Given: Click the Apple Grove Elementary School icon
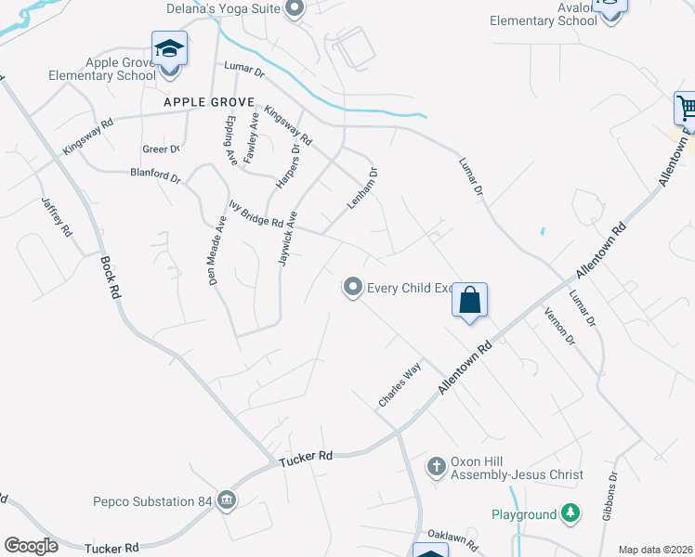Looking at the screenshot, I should click(169, 47).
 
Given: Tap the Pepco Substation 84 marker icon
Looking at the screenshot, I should click(227, 501).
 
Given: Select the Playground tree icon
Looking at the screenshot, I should click(570, 513).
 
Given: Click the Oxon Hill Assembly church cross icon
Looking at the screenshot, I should click(437, 466).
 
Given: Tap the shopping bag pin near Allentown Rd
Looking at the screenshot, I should click(470, 301).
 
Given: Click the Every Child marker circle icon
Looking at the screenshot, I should click(353, 288).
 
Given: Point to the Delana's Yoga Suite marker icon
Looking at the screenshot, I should click(295, 9).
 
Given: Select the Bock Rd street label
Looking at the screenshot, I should click(108, 278).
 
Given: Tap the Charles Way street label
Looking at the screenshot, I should click(400, 384).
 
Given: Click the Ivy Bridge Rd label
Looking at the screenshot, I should click(256, 214).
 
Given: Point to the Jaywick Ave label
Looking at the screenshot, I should click(288, 239).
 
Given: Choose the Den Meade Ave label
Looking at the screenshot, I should click(216, 253).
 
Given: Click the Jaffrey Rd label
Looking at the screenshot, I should click(55, 216).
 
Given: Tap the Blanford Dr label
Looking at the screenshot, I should click(155, 175).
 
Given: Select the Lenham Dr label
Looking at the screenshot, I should click(363, 188).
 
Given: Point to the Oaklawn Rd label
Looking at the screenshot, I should click(452, 540).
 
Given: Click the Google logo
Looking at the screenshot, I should click(31, 546).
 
